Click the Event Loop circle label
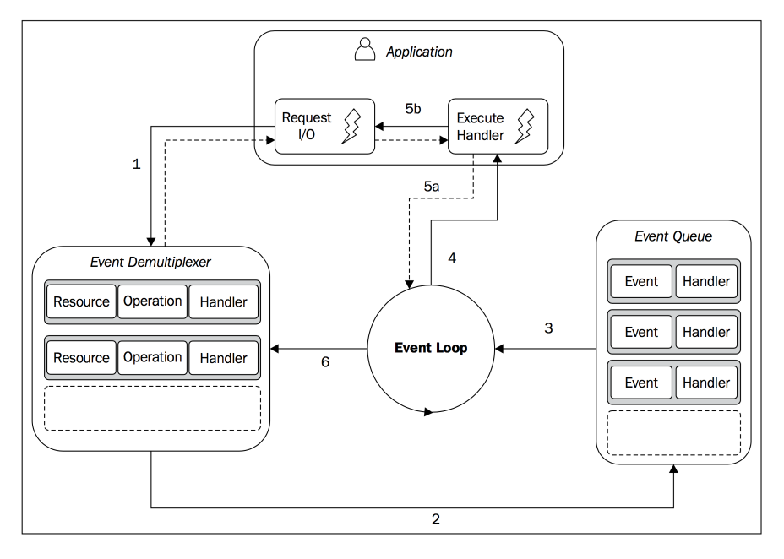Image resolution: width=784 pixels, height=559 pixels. click(431, 348)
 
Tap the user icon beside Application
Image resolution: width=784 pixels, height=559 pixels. click(364, 50)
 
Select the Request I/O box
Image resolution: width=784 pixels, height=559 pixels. click(324, 127)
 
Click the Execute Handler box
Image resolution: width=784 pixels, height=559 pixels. click(498, 127)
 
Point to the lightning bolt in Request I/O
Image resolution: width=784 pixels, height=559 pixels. click(351, 127)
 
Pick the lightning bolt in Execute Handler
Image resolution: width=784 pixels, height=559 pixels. click(525, 127)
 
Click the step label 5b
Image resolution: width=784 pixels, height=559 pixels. click(413, 108)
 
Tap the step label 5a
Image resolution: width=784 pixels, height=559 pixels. click(432, 187)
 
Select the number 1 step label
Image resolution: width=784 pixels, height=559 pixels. click(137, 164)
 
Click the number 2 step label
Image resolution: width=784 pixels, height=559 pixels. click(436, 519)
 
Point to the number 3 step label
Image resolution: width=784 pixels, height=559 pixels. click(548, 328)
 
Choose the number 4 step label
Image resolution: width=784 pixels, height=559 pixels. click(452, 258)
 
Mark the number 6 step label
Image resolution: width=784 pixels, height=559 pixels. click(325, 361)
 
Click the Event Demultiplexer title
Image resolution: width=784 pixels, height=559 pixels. click(150, 263)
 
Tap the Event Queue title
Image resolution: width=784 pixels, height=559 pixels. click(673, 236)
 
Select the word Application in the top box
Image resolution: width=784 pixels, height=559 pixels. click(419, 52)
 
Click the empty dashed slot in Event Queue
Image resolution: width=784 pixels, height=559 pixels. click(673, 432)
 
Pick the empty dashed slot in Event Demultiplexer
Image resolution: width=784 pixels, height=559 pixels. click(153, 408)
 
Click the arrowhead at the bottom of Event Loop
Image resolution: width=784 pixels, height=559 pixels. click(428, 412)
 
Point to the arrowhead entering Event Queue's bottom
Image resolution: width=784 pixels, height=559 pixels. click(673, 469)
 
